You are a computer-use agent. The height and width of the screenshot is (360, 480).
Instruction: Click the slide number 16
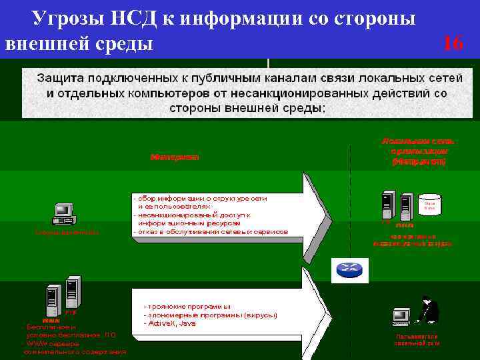453,44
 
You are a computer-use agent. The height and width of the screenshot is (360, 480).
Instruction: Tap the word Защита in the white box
64,77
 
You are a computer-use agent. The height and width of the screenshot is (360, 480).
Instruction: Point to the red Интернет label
175,158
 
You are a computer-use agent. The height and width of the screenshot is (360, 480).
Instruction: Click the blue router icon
348,268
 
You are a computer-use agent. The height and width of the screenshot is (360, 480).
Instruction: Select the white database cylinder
429,204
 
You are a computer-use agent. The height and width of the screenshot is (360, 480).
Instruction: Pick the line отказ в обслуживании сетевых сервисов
211,232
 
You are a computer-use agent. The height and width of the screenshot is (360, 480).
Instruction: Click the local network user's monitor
401,315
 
